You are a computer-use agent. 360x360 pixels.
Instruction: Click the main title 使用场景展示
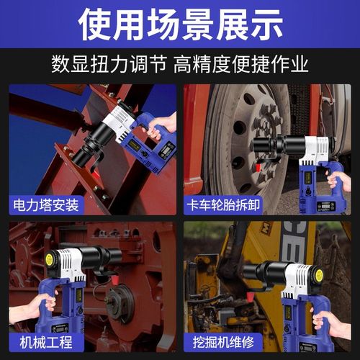click(180, 23)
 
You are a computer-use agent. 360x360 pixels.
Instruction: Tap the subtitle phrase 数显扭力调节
click(109, 64)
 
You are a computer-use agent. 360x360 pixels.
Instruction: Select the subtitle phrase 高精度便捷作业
click(240, 64)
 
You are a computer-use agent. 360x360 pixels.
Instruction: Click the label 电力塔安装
click(45, 205)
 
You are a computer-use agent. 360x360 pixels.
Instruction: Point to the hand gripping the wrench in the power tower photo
click(163, 122)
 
